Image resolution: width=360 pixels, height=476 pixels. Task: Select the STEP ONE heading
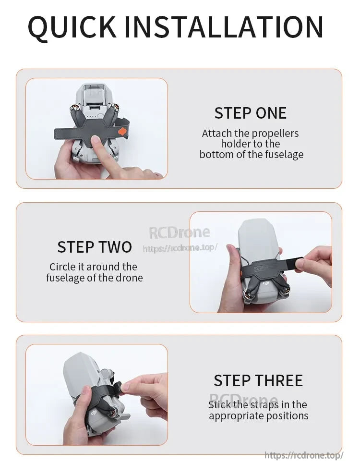[x=250, y=113]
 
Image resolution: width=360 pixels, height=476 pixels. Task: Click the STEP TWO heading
[x=95, y=247]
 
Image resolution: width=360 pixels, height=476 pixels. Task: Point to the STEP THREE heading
[x=258, y=380]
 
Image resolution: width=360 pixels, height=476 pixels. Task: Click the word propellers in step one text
[x=274, y=133]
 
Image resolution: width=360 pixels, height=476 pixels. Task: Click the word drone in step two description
[x=129, y=278]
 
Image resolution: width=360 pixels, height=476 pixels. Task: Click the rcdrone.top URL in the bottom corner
[x=304, y=455]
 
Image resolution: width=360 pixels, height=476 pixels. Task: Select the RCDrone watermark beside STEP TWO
[x=180, y=232]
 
